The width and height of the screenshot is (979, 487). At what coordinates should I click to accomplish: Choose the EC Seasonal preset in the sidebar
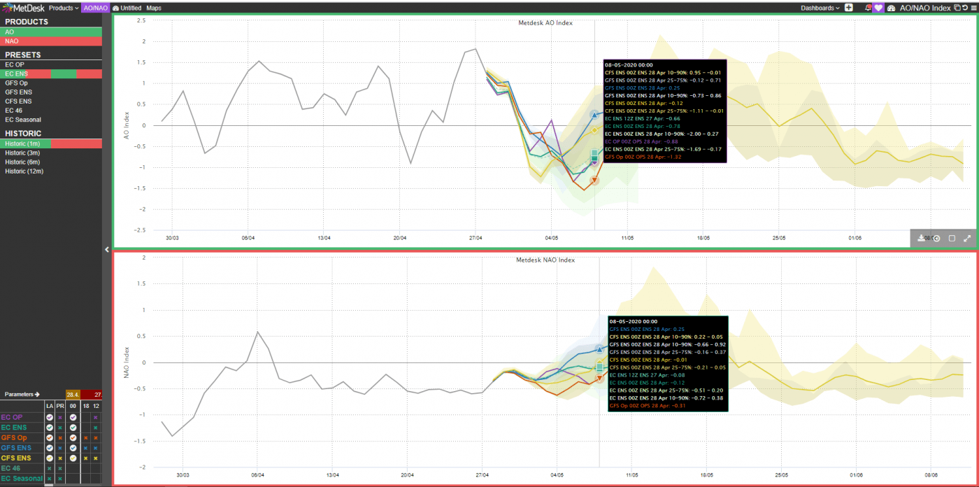[x=24, y=120]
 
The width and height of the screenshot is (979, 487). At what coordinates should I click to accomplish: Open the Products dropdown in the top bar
[x=63, y=8]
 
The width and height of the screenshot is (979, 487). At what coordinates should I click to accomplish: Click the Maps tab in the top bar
[x=154, y=8]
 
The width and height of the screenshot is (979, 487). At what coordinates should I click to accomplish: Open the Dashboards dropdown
[x=820, y=8]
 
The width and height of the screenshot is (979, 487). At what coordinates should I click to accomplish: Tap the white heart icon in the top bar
[x=879, y=8]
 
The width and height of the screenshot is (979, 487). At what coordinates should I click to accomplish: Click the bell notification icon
[x=868, y=8]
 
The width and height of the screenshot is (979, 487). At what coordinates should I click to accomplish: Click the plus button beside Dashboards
[x=849, y=8]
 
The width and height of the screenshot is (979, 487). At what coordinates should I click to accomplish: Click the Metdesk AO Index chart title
[x=545, y=23]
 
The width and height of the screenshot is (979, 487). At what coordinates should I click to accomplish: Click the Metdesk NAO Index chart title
[x=545, y=260]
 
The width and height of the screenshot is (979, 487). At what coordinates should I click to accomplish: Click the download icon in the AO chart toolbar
[x=922, y=238]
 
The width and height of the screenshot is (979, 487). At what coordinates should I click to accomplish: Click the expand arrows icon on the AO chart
[x=967, y=238]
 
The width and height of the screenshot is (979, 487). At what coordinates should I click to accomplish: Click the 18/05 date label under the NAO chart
[x=706, y=474]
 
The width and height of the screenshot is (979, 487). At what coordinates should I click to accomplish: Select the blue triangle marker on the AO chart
[x=594, y=114]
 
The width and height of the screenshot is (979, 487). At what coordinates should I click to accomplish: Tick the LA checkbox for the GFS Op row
[x=50, y=437]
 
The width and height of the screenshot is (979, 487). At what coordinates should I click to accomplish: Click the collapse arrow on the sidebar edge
[x=106, y=249]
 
